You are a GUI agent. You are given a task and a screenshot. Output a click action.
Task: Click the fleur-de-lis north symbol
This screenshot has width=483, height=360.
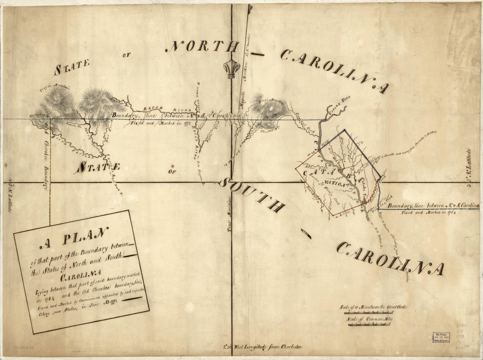[231, 69]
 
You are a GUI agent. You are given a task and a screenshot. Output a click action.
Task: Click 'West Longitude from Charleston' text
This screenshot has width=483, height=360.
[263, 347]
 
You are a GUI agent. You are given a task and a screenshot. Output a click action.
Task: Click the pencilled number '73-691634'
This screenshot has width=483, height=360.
[25, 347]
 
